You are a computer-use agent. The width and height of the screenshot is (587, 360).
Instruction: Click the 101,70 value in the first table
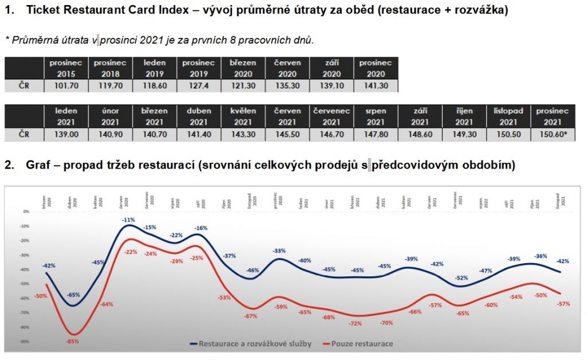(66, 86)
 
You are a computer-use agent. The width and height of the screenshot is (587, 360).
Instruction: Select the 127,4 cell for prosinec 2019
(199, 86)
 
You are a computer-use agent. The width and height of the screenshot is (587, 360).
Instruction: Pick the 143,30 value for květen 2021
(242, 134)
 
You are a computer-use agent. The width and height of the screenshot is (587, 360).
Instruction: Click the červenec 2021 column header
(331, 116)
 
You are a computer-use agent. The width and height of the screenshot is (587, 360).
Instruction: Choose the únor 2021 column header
(110, 116)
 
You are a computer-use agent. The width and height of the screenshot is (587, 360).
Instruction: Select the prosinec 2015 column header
(66, 68)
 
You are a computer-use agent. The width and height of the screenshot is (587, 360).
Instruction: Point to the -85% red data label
(72, 341)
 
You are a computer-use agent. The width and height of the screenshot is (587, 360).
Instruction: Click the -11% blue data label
(128, 220)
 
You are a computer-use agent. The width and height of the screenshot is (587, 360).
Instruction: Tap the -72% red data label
(355, 323)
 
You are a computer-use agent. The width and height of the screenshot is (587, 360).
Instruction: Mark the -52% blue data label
(462, 278)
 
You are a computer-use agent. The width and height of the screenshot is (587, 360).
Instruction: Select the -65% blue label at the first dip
(73, 295)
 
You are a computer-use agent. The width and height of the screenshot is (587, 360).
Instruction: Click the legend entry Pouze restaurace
(365, 344)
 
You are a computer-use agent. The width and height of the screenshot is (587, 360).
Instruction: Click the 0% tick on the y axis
(25, 212)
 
